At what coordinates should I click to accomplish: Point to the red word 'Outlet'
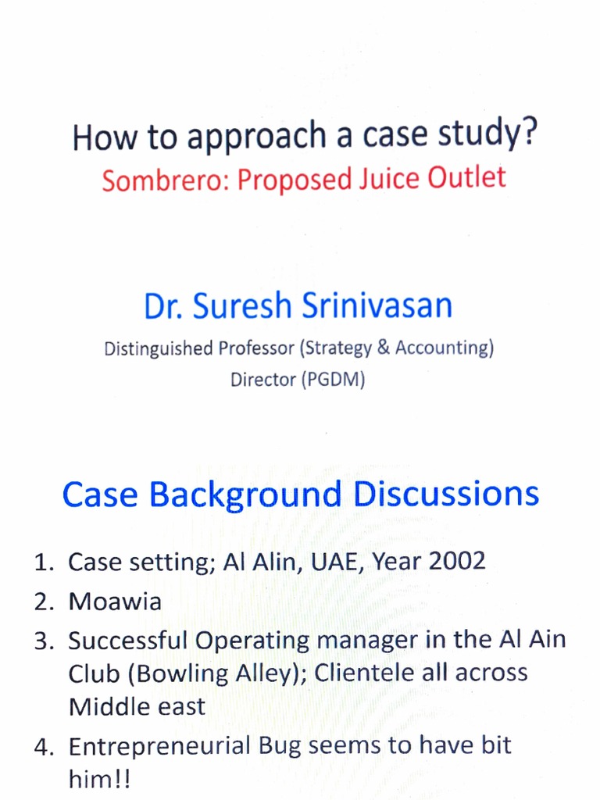[x=466, y=177]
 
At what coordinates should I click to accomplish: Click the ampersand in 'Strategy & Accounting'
[x=383, y=348]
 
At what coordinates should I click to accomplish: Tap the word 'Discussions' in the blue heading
[x=445, y=494]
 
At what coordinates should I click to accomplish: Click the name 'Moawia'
[x=115, y=601]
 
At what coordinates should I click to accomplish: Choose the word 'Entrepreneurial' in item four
[x=164, y=745]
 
